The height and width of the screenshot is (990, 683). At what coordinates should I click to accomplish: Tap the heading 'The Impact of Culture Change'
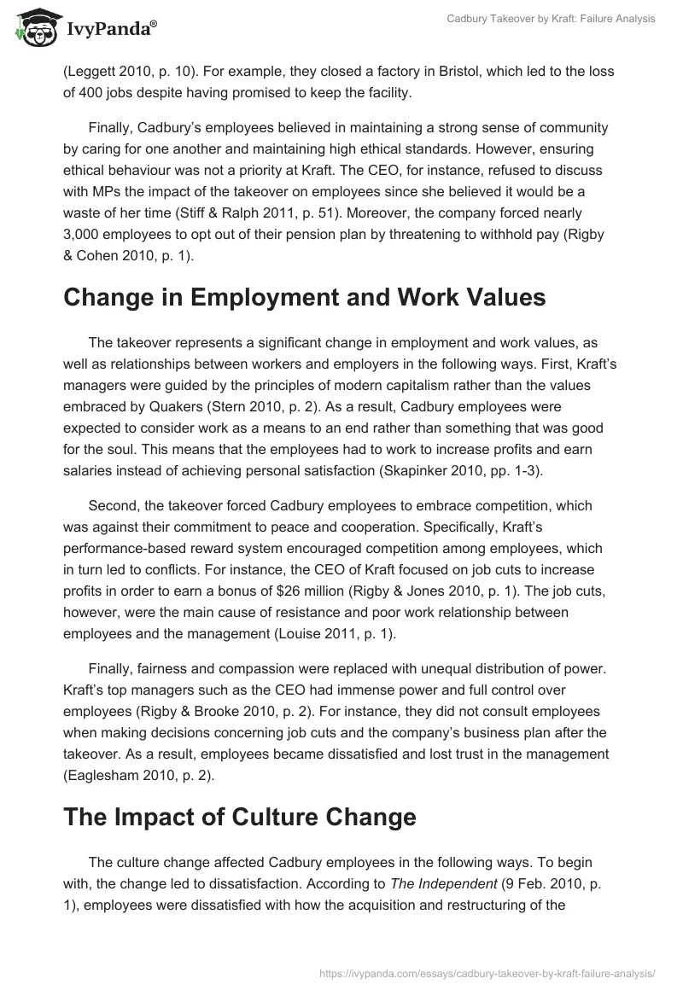click(239, 816)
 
